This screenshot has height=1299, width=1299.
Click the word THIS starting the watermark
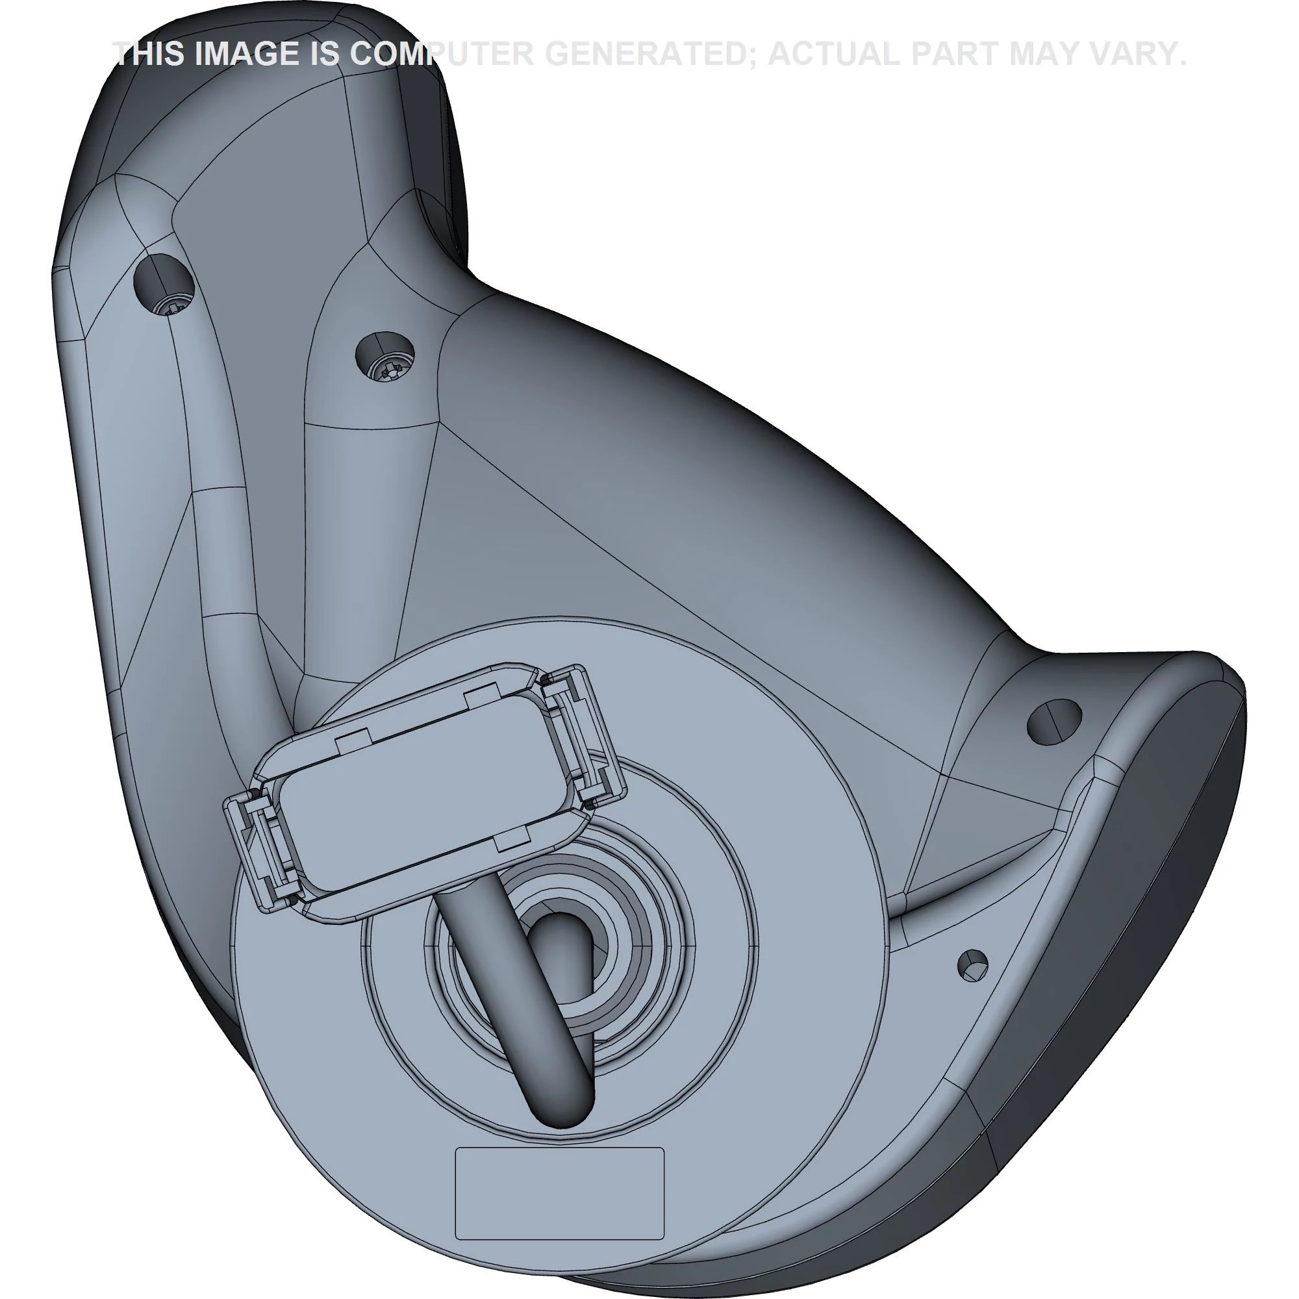tap(150, 54)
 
